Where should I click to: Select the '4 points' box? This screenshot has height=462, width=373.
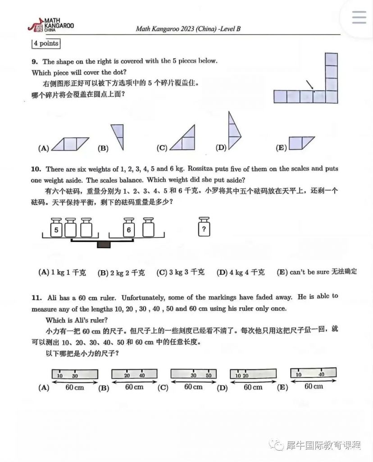tap(45, 44)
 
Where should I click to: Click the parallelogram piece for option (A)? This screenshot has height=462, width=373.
tap(70, 144)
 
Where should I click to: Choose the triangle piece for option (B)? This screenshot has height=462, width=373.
tap(118, 135)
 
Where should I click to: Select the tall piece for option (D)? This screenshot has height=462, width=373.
tap(233, 132)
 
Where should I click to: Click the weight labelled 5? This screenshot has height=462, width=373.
tap(56, 229)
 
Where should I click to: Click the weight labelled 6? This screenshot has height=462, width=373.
tap(129, 229)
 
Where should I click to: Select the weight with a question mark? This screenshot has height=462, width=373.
tap(205, 228)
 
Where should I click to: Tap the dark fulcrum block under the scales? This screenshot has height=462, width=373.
tap(104, 245)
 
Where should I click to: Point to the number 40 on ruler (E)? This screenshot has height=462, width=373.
tap(322, 374)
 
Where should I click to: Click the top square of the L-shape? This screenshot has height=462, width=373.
tap(331, 60)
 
